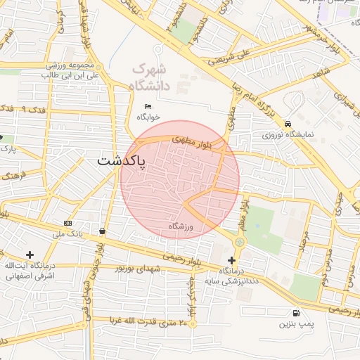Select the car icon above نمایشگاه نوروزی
(289, 122)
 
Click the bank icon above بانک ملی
(67, 223)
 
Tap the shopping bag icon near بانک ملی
(103, 231)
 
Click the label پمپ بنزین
(295, 324)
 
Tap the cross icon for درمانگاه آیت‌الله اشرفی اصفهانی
(30, 255)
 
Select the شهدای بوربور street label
(133, 269)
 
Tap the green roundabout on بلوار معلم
(240, 242)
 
